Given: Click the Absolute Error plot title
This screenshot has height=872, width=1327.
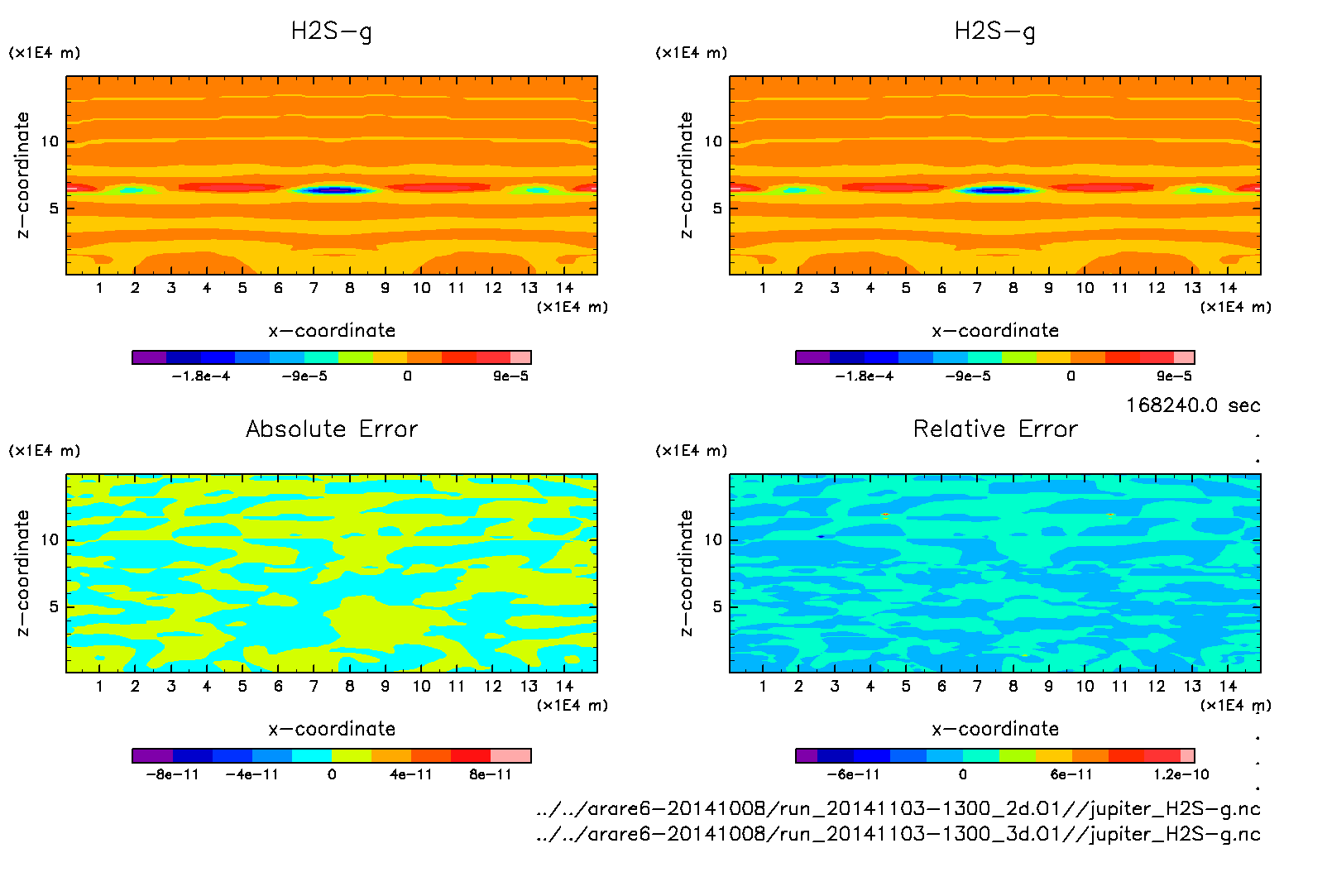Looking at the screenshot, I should (x=332, y=429).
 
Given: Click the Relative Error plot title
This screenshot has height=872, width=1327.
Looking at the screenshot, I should (x=995, y=429).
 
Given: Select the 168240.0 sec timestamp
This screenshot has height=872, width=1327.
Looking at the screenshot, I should (x=1193, y=405).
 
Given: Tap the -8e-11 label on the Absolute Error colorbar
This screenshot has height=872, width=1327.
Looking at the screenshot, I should (x=172, y=774).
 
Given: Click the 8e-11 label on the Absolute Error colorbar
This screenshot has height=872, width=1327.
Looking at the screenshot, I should (x=491, y=774).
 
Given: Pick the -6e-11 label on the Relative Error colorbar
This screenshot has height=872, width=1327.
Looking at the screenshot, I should (x=853, y=774).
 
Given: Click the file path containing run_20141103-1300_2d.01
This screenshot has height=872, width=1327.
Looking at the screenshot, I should (x=898, y=808).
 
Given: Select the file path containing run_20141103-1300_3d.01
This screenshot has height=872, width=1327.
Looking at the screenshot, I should (x=898, y=834).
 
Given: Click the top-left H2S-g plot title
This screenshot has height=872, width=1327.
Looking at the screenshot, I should (x=332, y=31).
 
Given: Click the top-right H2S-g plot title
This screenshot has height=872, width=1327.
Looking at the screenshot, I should (x=995, y=31).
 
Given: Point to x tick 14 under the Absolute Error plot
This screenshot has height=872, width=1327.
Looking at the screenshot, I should (x=564, y=686).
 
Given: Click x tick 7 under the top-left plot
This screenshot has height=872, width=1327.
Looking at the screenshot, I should (x=314, y=288).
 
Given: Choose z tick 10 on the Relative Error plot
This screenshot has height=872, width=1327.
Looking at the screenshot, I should (x=713, y=540).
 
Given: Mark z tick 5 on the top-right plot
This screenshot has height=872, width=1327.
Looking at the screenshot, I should (x=717, y=208).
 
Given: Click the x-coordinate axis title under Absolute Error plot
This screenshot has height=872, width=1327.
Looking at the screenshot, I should (x=332, y=729).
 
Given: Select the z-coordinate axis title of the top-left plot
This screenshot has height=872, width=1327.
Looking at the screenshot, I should (x=23, y=175).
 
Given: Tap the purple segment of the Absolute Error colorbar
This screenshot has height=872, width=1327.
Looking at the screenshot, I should (x=152, y=755).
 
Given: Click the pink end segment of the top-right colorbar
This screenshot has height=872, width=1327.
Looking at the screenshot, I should (x=1184, y=357).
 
